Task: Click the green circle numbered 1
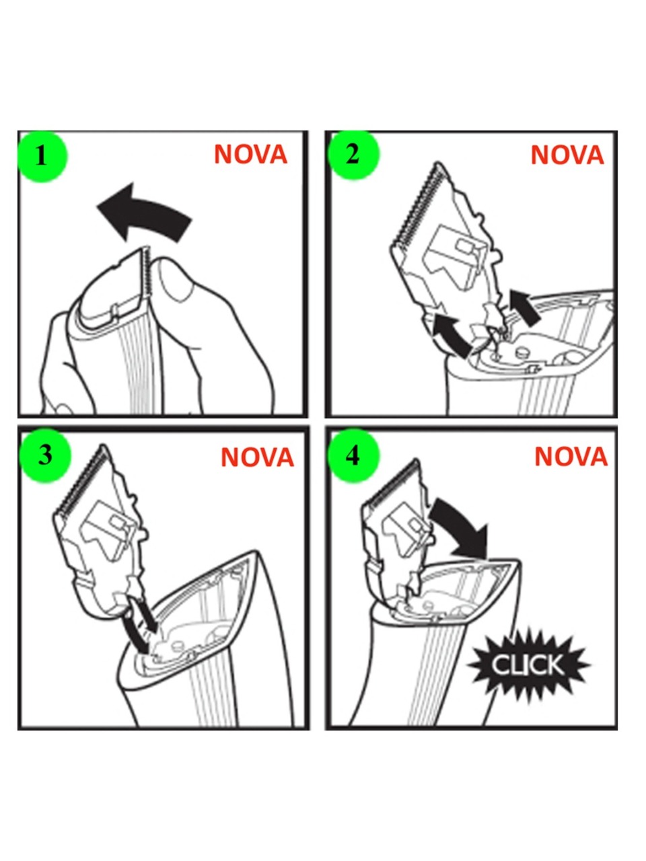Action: tap(42, 156)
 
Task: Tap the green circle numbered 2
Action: tap(353, 154)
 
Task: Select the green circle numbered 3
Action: tap(45, 455)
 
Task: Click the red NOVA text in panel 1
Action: tap(250, 155)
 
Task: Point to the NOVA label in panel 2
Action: tap(567, 155)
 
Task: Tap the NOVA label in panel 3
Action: tap(257, 457)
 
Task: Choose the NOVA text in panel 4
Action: tap(571, 456)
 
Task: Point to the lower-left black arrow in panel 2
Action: tap(451, 336)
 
